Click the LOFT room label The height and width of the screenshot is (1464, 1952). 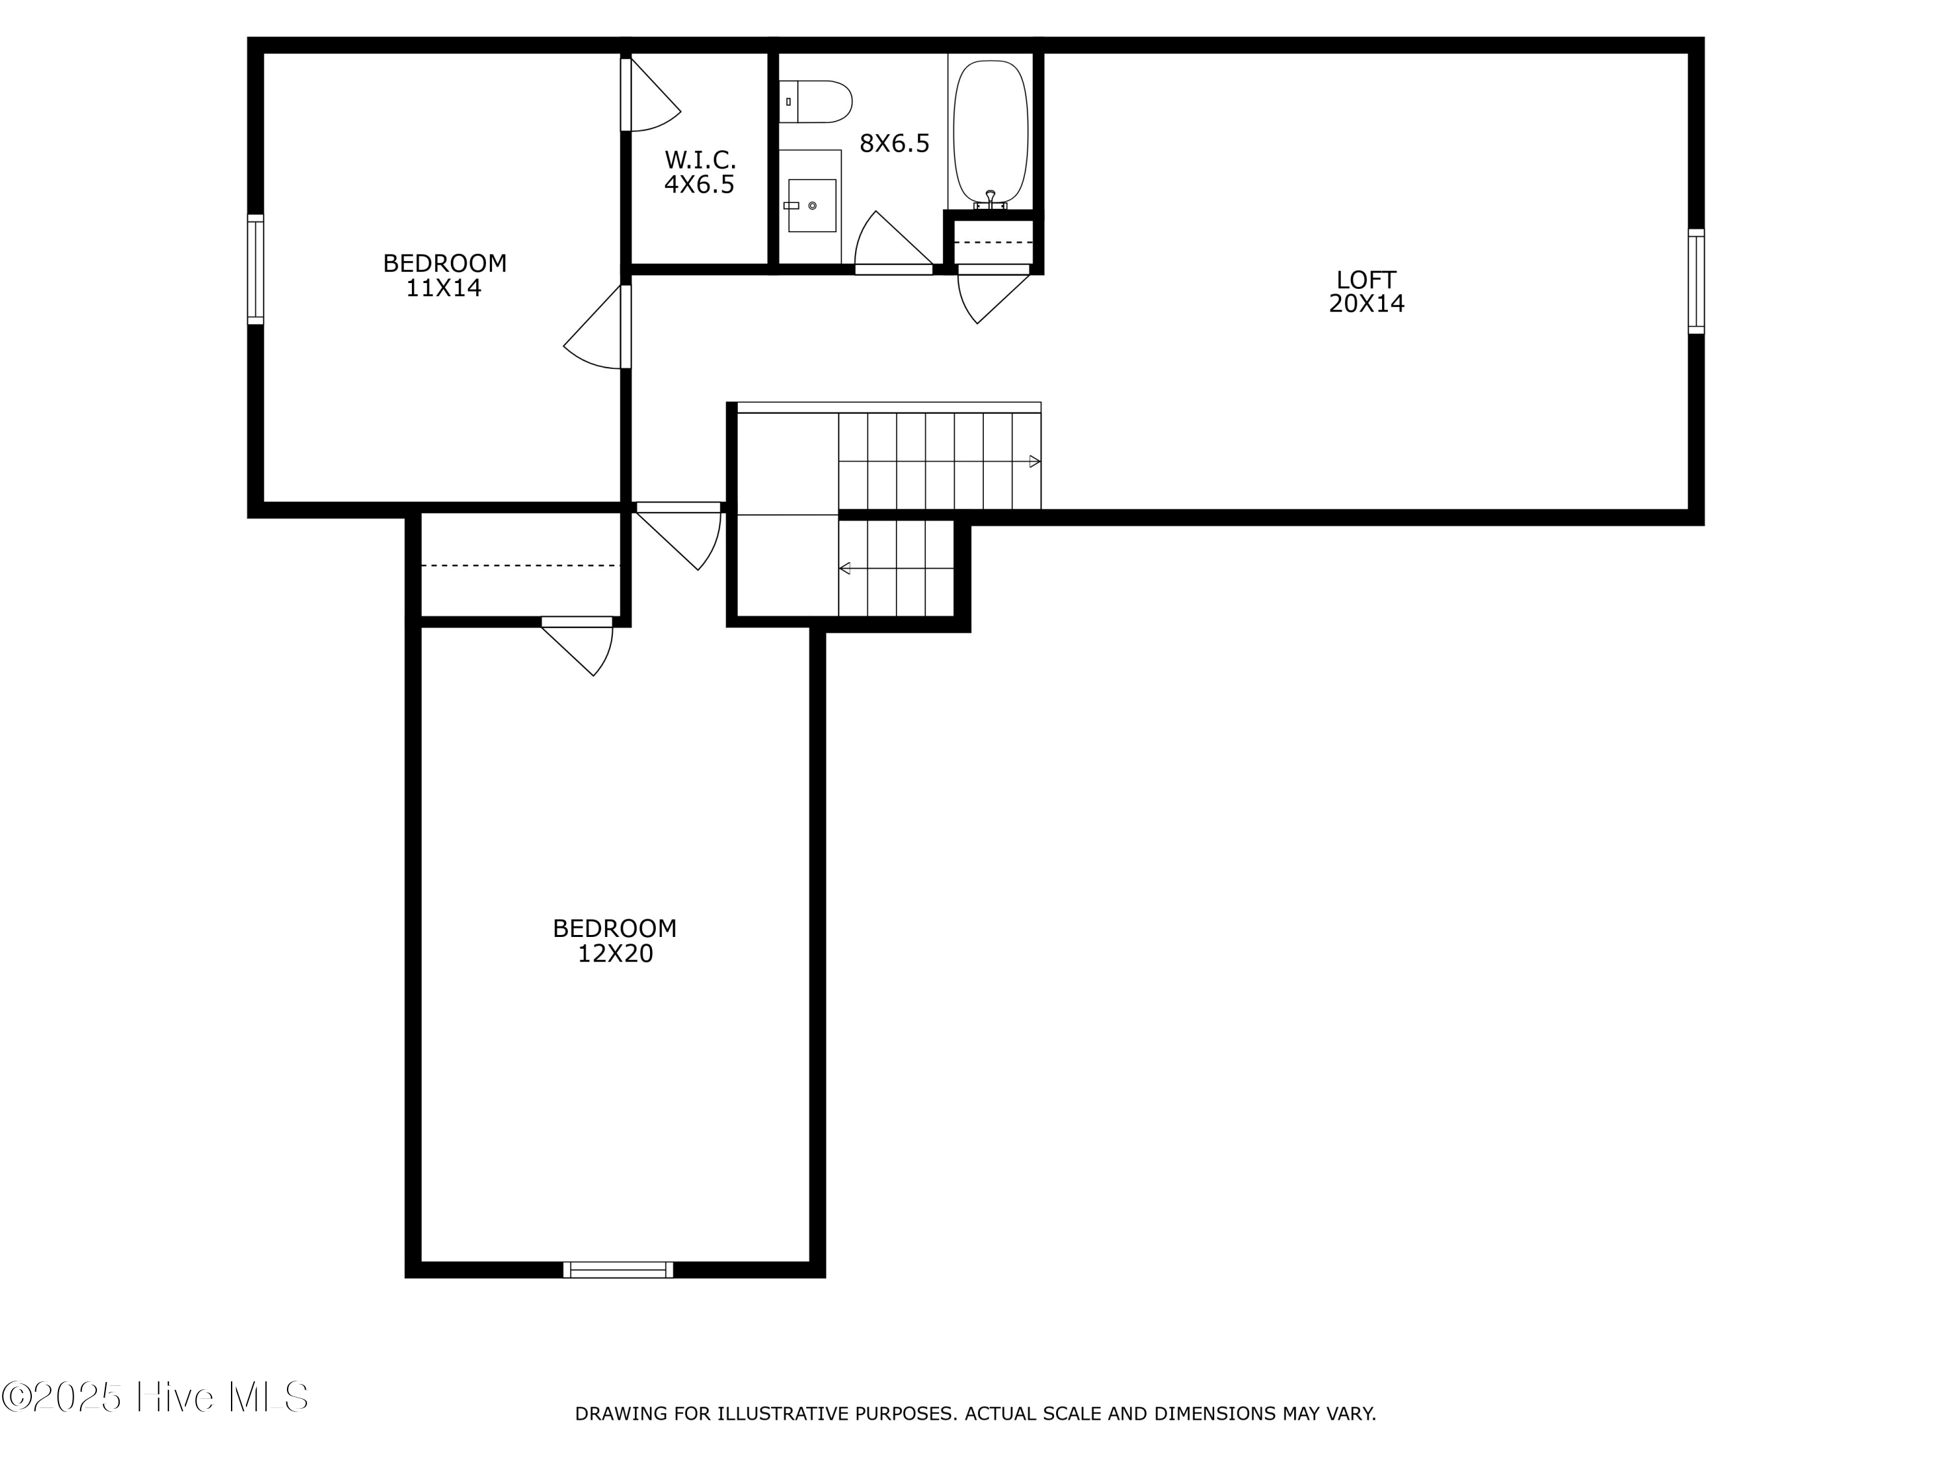click(1365, 280)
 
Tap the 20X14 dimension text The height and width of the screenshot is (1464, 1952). click(1366, 304)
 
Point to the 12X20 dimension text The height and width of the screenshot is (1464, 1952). click(615, 954)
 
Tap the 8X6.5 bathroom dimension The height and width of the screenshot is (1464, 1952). click(894, 144)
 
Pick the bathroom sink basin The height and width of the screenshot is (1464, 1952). click(811, 206)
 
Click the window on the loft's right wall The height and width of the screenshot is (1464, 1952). click(1695, 282)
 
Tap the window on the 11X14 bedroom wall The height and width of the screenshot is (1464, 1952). click(255, 269)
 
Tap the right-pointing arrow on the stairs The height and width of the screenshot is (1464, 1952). click(1035, 461)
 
